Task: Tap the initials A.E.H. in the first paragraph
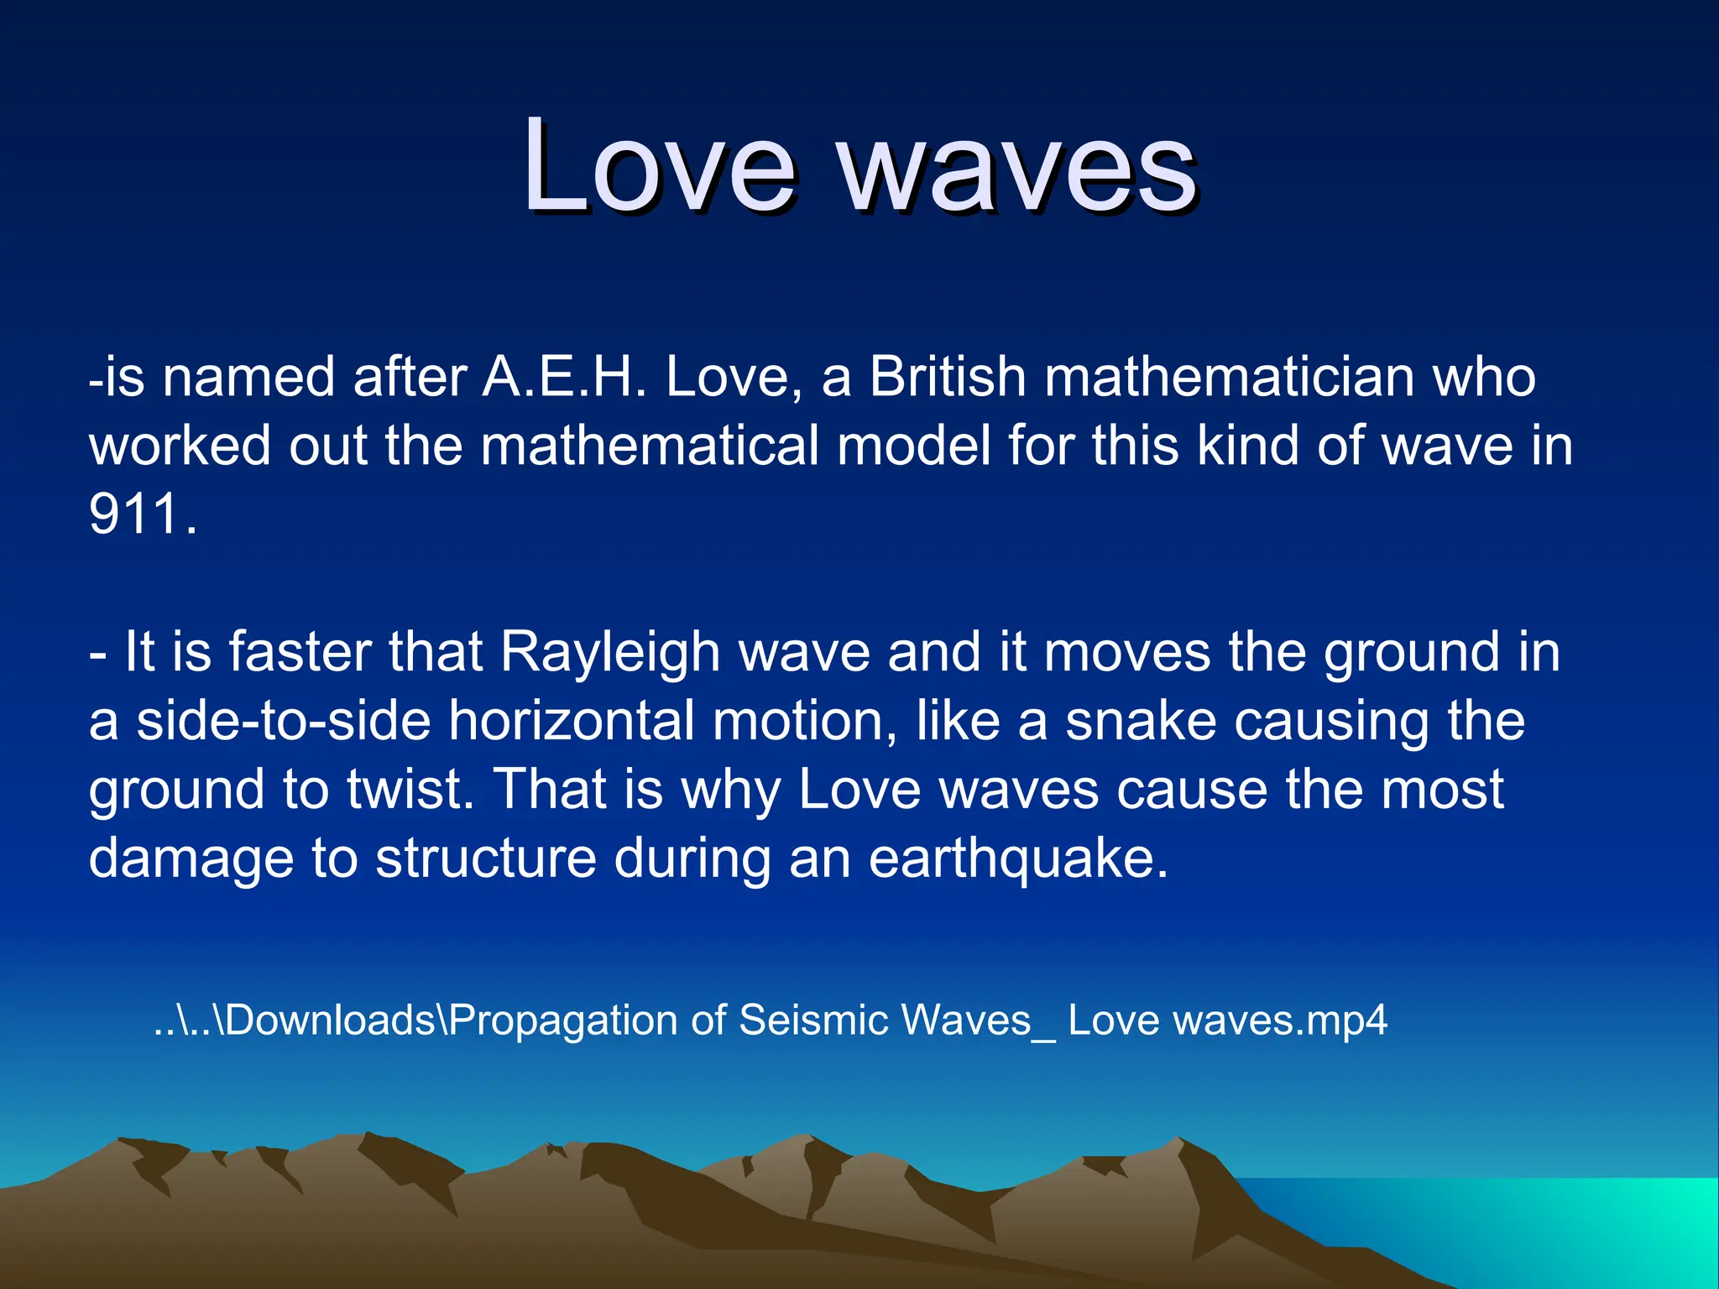click(x=564, y=377)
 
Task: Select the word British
click(x=948, y=377)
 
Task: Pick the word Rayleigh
click(x=610, y=652)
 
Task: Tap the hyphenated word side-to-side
click(x=284, y=721)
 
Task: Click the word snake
click(x=1141, y=721)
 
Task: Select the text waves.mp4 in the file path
click(x=1280, y=1020)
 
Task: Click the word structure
click(x=485, y=858)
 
